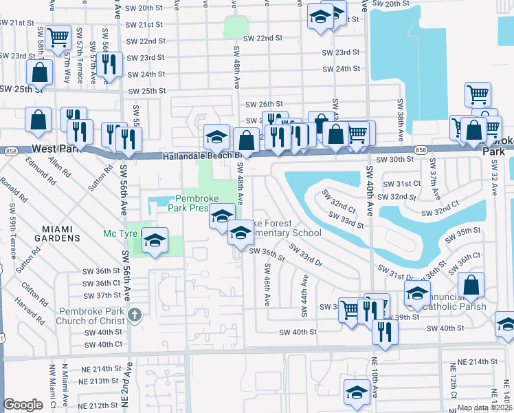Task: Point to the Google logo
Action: click(x=23, y=405)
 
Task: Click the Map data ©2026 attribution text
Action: click(x=484, y=407)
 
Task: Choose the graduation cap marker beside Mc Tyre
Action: click(x=155, y=240)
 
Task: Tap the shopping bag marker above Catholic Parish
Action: click(x=471, y=284)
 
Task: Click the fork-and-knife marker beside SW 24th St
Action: click(x=109, y=64)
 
